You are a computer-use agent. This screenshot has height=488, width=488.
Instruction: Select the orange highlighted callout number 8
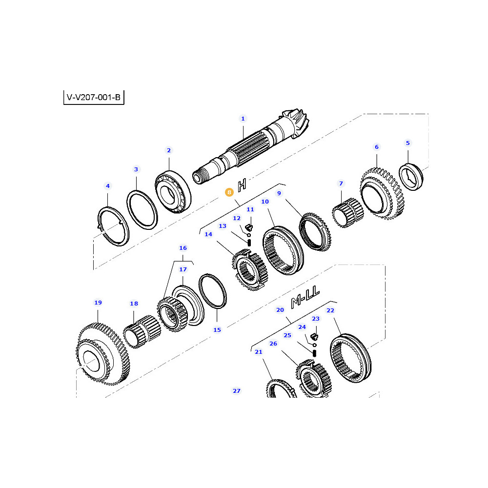click(229, 193)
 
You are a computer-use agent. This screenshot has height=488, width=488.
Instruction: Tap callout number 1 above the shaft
click(243, 119)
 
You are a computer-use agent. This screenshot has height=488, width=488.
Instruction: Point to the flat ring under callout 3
click(142, 209)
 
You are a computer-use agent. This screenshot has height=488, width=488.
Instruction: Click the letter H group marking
click(242, 185)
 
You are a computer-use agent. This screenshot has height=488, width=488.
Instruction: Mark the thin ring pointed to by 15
click(213, 291)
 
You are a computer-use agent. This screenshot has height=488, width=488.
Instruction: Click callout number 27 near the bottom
click(236, 391)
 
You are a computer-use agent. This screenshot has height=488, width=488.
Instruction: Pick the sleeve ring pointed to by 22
click(350, 360)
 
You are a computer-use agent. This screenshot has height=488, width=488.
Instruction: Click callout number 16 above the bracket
click(183, 248)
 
